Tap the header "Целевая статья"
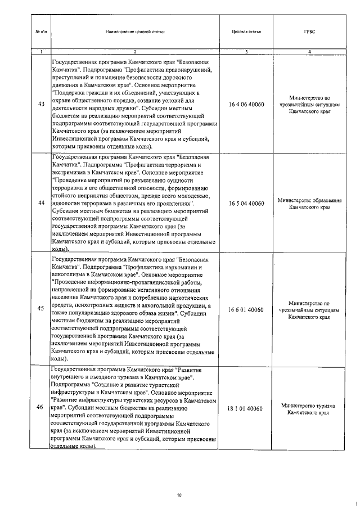[x=246, y=32]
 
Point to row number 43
[x=40, y=104]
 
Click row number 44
[x=40, y=202]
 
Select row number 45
[x=40, y=309]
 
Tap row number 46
[x=40, y=407]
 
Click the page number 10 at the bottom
[x=179, y=495]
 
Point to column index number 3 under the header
[x=246, y=52]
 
